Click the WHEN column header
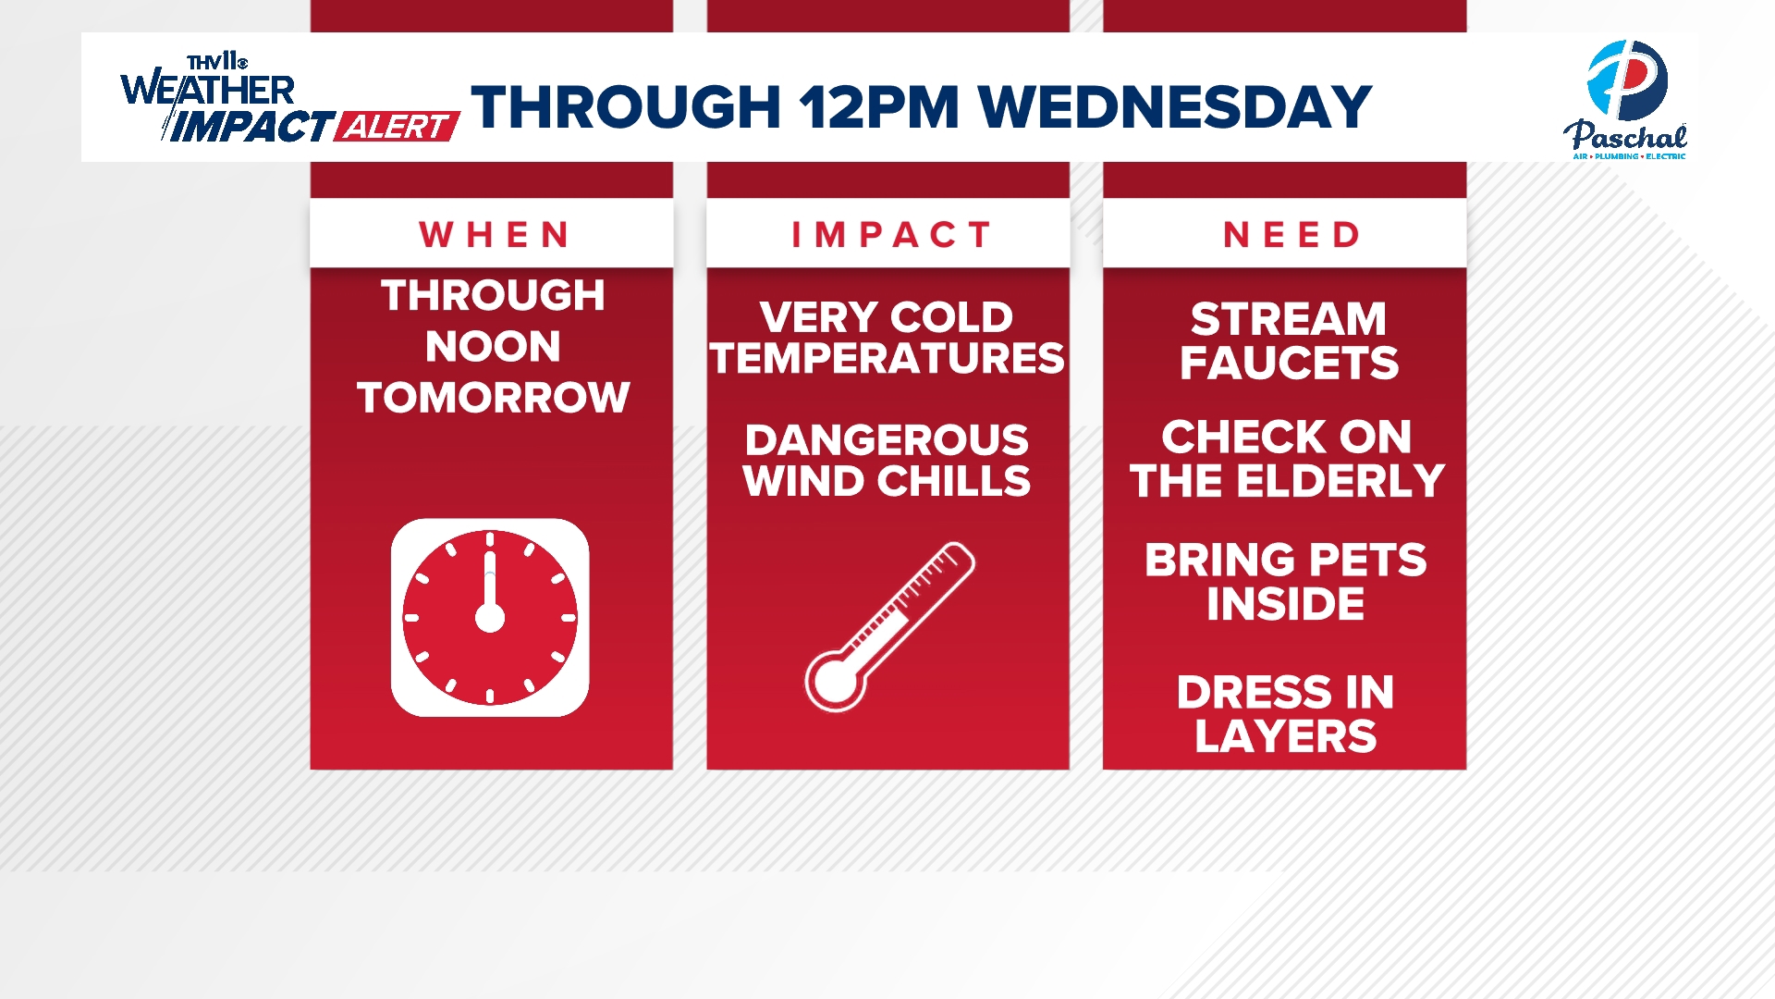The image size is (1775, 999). click(494, 235)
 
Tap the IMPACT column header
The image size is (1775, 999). click(890, 235)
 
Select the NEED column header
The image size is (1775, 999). click(1291, 235)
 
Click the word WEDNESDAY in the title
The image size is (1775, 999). click(1174, 106)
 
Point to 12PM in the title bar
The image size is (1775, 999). click(879, 106)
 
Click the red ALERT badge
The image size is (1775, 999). click(398, 127)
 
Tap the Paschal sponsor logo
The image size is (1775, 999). click(1626, 100)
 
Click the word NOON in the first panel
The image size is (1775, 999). click(493, 347)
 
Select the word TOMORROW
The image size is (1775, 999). click(493, 398)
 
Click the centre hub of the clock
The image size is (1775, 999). click(490, 617)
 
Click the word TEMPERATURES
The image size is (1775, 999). click(887, 358)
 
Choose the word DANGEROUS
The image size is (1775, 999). click(887, 440)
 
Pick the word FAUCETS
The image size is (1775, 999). click(1290, 363)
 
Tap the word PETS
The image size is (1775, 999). click(1368, 561)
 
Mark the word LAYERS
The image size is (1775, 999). click(1286, 736)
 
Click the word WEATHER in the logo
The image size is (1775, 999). click(208, 90)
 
